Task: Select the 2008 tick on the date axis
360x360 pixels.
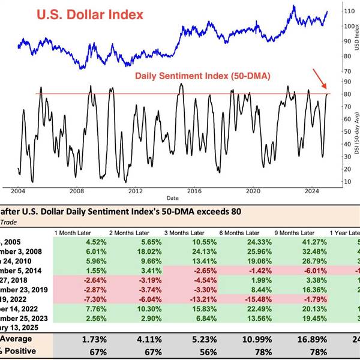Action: click(77, 191)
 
